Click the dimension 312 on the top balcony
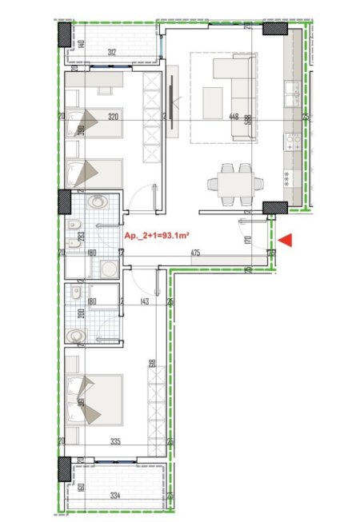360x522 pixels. pos(114,54)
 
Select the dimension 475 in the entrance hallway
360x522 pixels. pos(194,253)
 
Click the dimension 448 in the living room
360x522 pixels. pos(234,117)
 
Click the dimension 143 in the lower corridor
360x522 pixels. pos(145,301)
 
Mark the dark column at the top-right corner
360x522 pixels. pos(277,30)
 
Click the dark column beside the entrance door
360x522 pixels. pos(275,209)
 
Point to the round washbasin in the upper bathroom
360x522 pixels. pos(98,201)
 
